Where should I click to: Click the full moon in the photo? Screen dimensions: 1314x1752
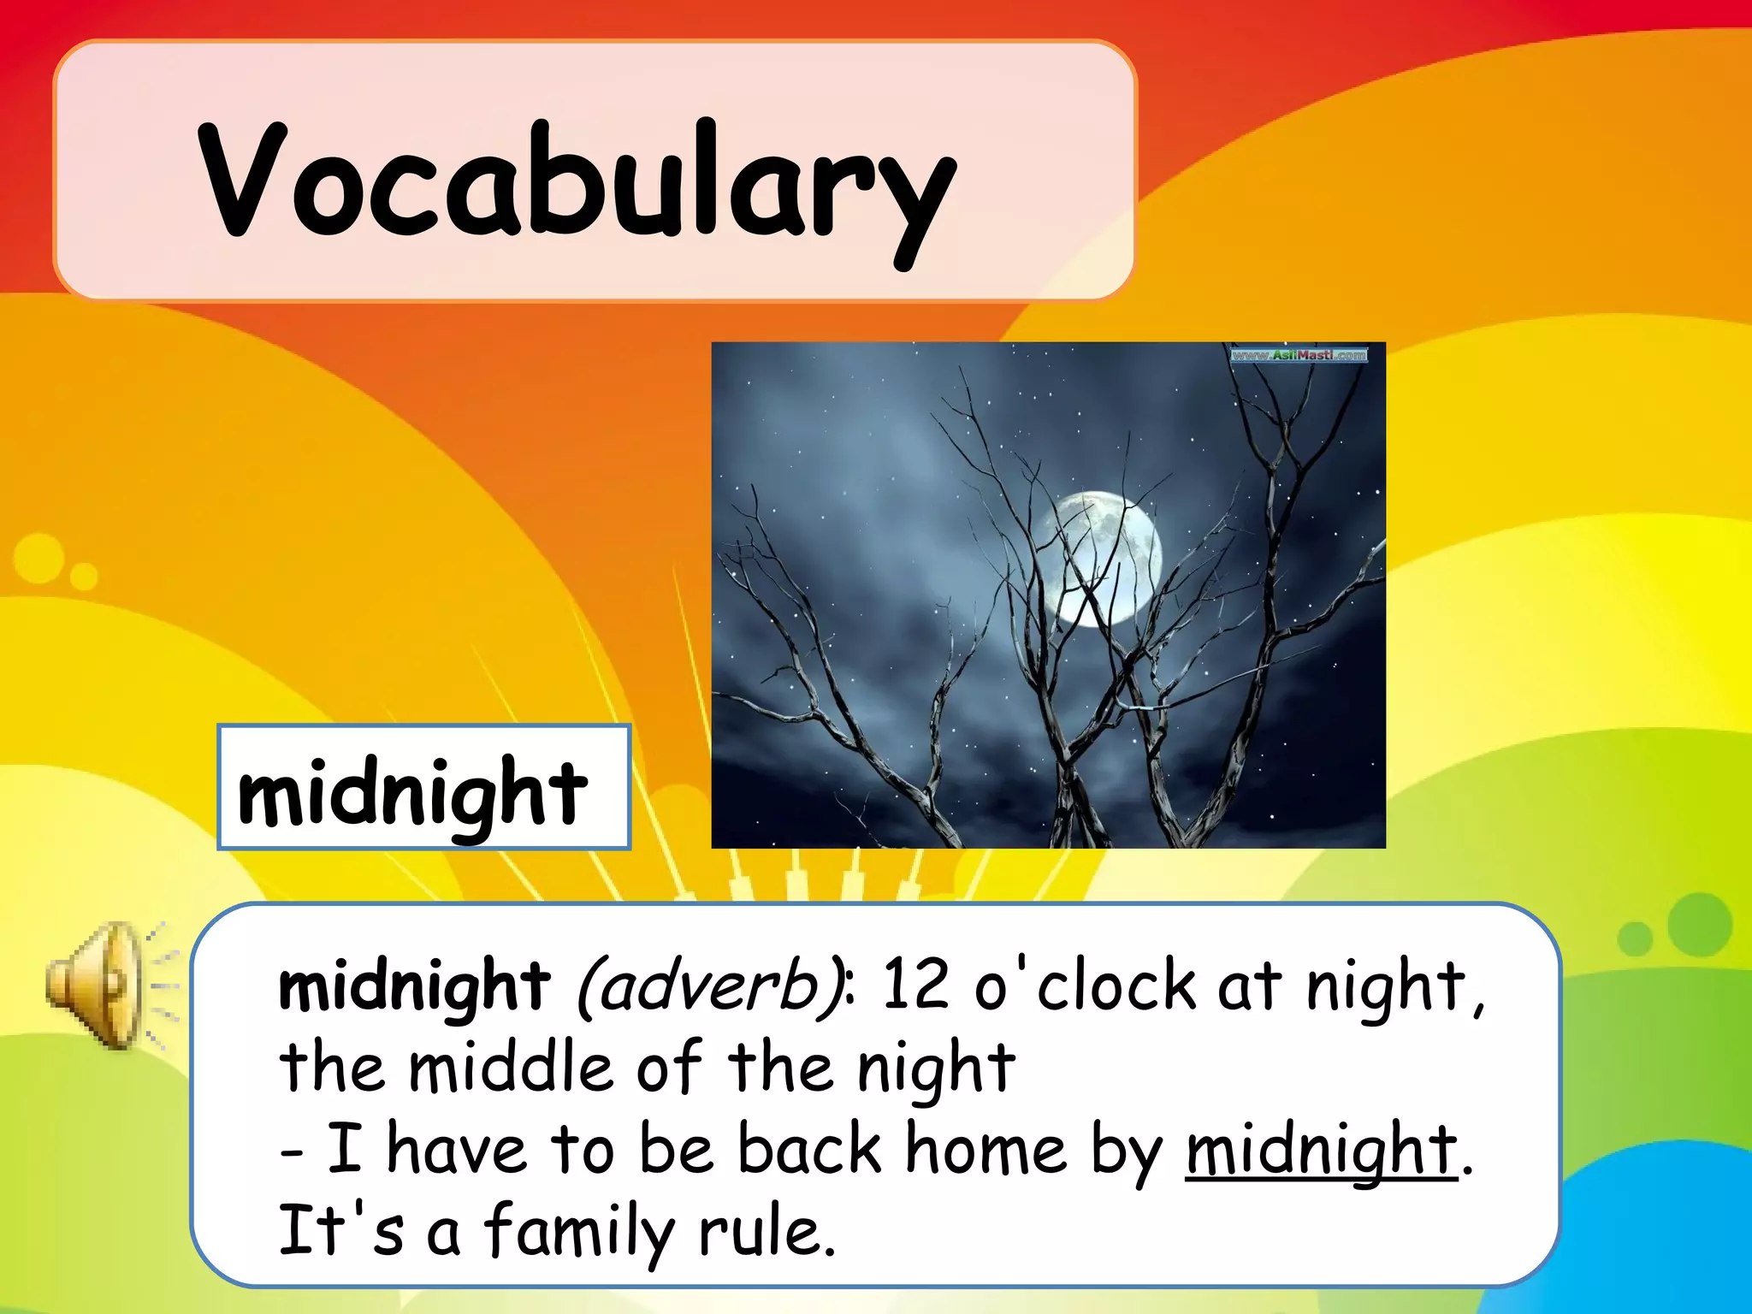coord(1104,558)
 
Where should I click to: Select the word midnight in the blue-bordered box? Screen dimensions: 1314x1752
coord(412,791)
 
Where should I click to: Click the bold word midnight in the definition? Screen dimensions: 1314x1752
coord(414,987)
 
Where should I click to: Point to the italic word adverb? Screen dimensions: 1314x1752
coord(712,985)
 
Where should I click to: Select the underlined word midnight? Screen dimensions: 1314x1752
coord(1321,1151)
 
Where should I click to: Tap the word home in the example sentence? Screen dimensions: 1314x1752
coord(985,1148)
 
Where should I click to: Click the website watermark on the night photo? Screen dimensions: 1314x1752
coord(1299,354)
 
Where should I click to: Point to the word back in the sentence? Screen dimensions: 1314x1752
coord(809,1148)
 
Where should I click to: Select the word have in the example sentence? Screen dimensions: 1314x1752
coord(456,1148)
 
